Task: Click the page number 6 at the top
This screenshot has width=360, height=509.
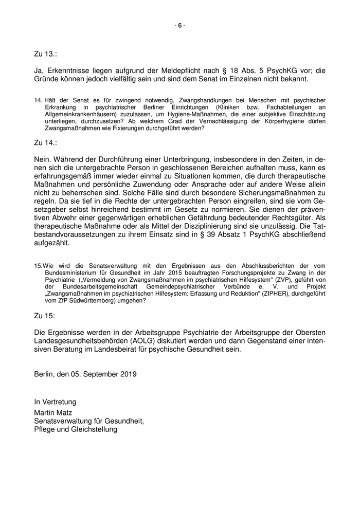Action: (180, 25)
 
